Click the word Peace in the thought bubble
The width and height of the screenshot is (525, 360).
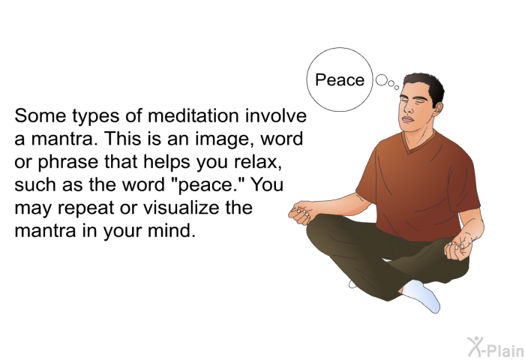(x=340, y=80)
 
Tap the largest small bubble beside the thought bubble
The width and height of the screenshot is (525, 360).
(x=381, y=80)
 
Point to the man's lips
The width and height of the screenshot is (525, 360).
(x=407, y=119)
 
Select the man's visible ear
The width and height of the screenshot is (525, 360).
(x=437, y=108)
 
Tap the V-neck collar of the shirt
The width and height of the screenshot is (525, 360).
(x=418, y=143)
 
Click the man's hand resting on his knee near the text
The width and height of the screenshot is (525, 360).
(x=301, y=212)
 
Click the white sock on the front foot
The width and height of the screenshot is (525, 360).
(x=422, y=295)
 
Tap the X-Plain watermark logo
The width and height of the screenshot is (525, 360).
(x=496, y=347)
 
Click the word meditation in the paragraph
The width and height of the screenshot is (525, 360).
(x=193, y=115)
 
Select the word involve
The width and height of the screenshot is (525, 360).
(x=275, y=115)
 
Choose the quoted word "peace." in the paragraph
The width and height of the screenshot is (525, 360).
(x=210, y=185)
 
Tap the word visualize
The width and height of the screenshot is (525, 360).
(x=181, y=208)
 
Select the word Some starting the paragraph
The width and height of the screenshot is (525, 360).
(x=40, y=115)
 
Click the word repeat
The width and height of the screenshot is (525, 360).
(x=86, y=208)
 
